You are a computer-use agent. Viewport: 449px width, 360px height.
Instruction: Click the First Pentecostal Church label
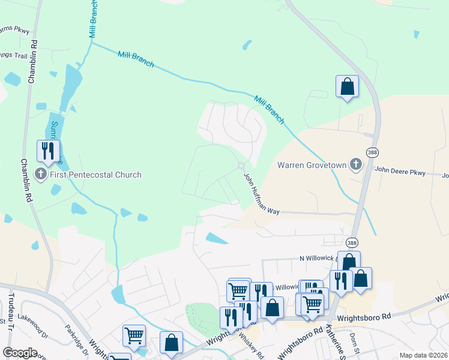tap(95, 175)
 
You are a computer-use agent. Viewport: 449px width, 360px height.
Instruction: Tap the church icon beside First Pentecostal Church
tap(41, 175)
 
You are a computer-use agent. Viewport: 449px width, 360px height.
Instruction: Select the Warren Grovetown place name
tap(312, 164)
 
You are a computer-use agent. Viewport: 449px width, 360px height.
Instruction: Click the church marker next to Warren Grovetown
tap(356, 164)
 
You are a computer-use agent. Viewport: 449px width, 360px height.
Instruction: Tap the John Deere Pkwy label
tap(400, 172)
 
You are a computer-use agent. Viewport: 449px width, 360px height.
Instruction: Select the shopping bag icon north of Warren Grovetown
tap(347, 86)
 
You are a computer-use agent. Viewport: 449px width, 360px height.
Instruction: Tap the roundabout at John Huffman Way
tap(241, 166)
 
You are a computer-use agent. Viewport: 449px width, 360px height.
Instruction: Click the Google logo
tap(20, 353)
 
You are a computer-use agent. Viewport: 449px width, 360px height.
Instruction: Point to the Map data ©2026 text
tap(423, 355)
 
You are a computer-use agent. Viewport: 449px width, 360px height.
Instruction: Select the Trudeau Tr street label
tap(11, 311)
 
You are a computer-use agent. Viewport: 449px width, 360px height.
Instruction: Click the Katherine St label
tap(335, 341)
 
